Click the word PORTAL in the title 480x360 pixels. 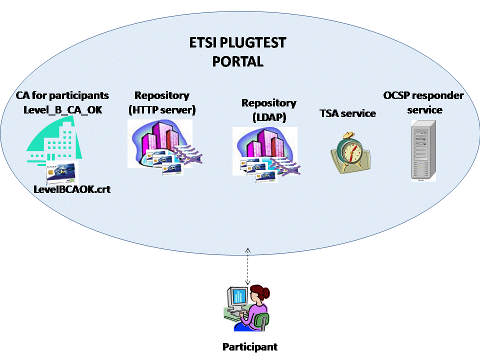237,61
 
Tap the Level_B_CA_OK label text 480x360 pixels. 62,108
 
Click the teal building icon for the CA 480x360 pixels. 55,140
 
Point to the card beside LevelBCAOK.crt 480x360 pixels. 61,173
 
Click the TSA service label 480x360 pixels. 347,113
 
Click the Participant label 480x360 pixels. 249,346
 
